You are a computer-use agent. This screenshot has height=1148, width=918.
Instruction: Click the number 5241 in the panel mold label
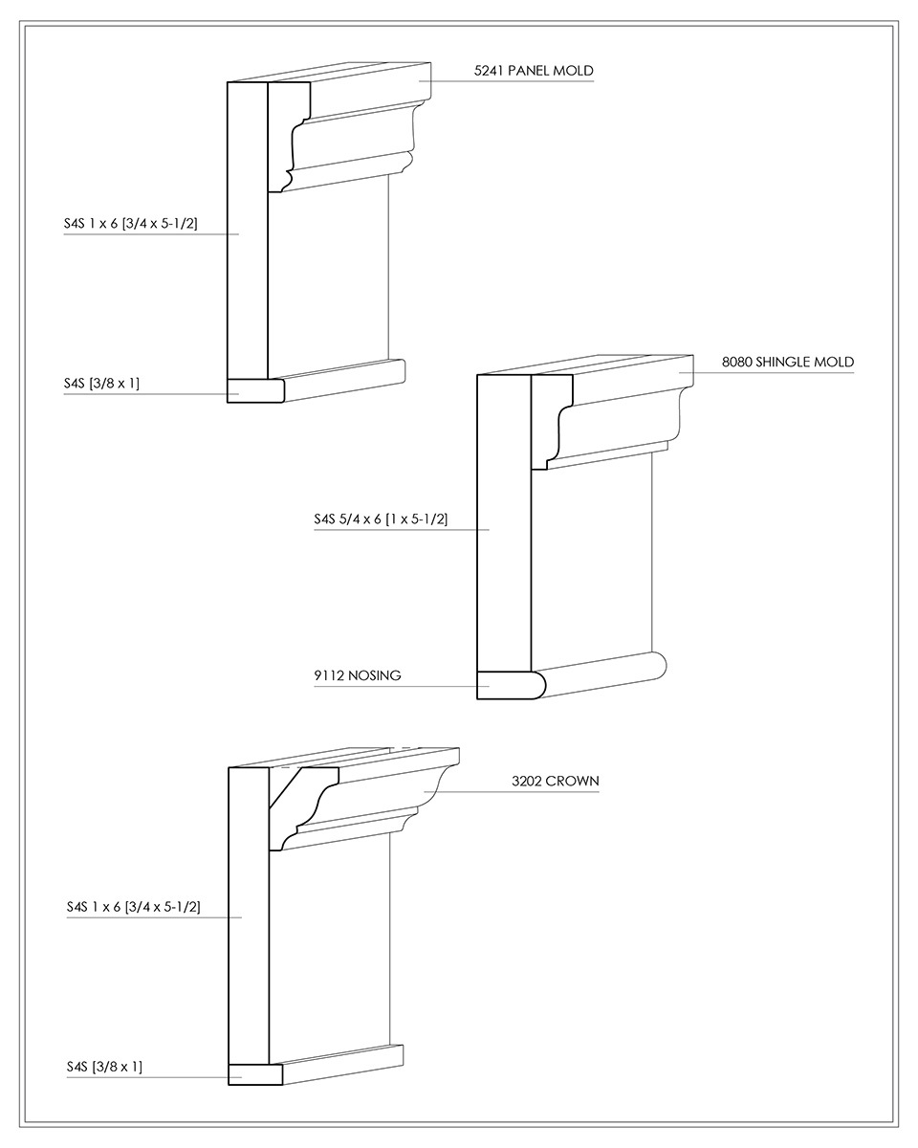[x=489, y=71]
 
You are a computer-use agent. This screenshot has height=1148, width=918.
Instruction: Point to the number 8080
[x=736, y=362]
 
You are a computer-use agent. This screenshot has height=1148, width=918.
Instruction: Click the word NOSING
[x=374, y=675]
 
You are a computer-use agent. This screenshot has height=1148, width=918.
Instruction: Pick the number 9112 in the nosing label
[x=329, y=675]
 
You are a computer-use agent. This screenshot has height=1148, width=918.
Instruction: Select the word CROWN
[x=573, y=781]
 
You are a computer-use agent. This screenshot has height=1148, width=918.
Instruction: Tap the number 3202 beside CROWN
[x=527, y=781]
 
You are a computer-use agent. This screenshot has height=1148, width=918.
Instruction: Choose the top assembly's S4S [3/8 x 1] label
[x=101, y=383]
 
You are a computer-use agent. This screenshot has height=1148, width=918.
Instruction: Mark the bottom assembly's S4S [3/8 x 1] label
[x=104, y=1067]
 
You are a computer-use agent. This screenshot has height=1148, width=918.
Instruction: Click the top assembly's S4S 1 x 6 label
[x=131, y=223]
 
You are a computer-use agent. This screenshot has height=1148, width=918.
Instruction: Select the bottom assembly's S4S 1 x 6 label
[x=133, y=906]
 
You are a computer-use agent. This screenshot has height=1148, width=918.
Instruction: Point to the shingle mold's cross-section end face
[x=545, y=422]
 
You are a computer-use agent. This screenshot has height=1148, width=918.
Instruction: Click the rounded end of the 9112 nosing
[x=537, y=686]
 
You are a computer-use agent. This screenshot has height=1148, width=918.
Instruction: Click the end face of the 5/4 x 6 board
[x=504, y=522]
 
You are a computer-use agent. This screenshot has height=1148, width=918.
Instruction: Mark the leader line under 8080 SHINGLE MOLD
[x=766, y=372]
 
